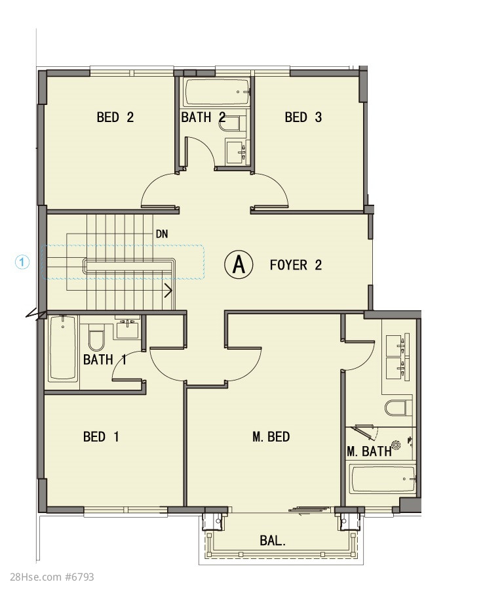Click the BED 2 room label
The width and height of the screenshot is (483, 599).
pyautogui.click(x=115, y=117)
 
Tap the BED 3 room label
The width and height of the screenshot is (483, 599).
pyautogui.click(x=303, y=117)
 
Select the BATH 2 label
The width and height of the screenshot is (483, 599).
pyautogui.click(x=203, y=117)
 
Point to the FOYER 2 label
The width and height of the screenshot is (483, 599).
pyautogui.click(x=296, y=265)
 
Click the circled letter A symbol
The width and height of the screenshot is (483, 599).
pyautogui.click(x=239, y=264)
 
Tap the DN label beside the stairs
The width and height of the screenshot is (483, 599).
pyautogui.click(x=162, y=234)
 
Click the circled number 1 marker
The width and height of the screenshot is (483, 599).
pyautogui.click(x=22, y=262)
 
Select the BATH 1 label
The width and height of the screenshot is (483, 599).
pyautogui.click(x=105, y=360)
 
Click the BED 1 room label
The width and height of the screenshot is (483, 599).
pyautogui.click(x=101, y=436)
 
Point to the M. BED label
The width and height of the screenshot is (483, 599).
pyautogui.click(x=271, y=436)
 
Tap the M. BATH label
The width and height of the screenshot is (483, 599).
pyautogui.click(x=370, y=451)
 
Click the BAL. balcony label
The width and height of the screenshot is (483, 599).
pyautogui.click(x=273, y=541)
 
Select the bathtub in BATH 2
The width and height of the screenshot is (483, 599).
pyautogui.click(x=216, y=92)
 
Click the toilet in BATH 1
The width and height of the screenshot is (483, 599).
pyautogui.click(x=96, y=337)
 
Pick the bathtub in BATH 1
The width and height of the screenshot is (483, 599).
pyautogui.click(x=62, y=348)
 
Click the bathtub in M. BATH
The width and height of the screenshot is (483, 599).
pyautogui.click(x=383, y=479)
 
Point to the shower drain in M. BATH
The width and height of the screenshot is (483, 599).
pyautogui.click(x=396, y=445)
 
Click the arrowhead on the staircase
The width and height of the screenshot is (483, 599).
pyautogui.click(x=168, y=291)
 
